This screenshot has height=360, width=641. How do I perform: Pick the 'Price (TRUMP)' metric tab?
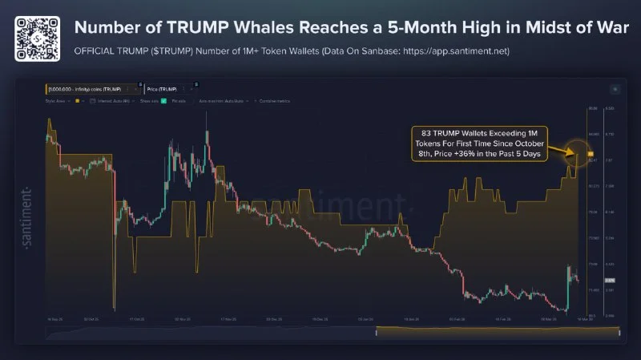coord(159,88)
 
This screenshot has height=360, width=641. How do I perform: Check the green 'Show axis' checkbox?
coord(163,102)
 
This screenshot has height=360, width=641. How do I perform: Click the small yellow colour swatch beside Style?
coord(76,102)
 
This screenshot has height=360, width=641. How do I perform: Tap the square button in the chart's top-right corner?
coord(615,89)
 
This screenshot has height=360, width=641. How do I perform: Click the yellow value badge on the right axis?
coord(591,152)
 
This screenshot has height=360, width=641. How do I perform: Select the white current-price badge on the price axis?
coord(609,281)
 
